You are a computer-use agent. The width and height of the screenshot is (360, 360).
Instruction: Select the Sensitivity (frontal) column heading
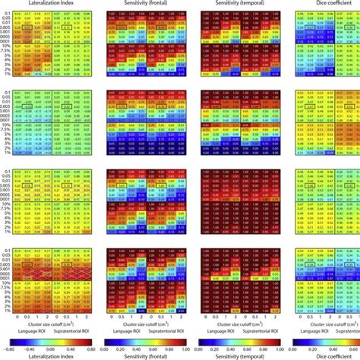[146, 5]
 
